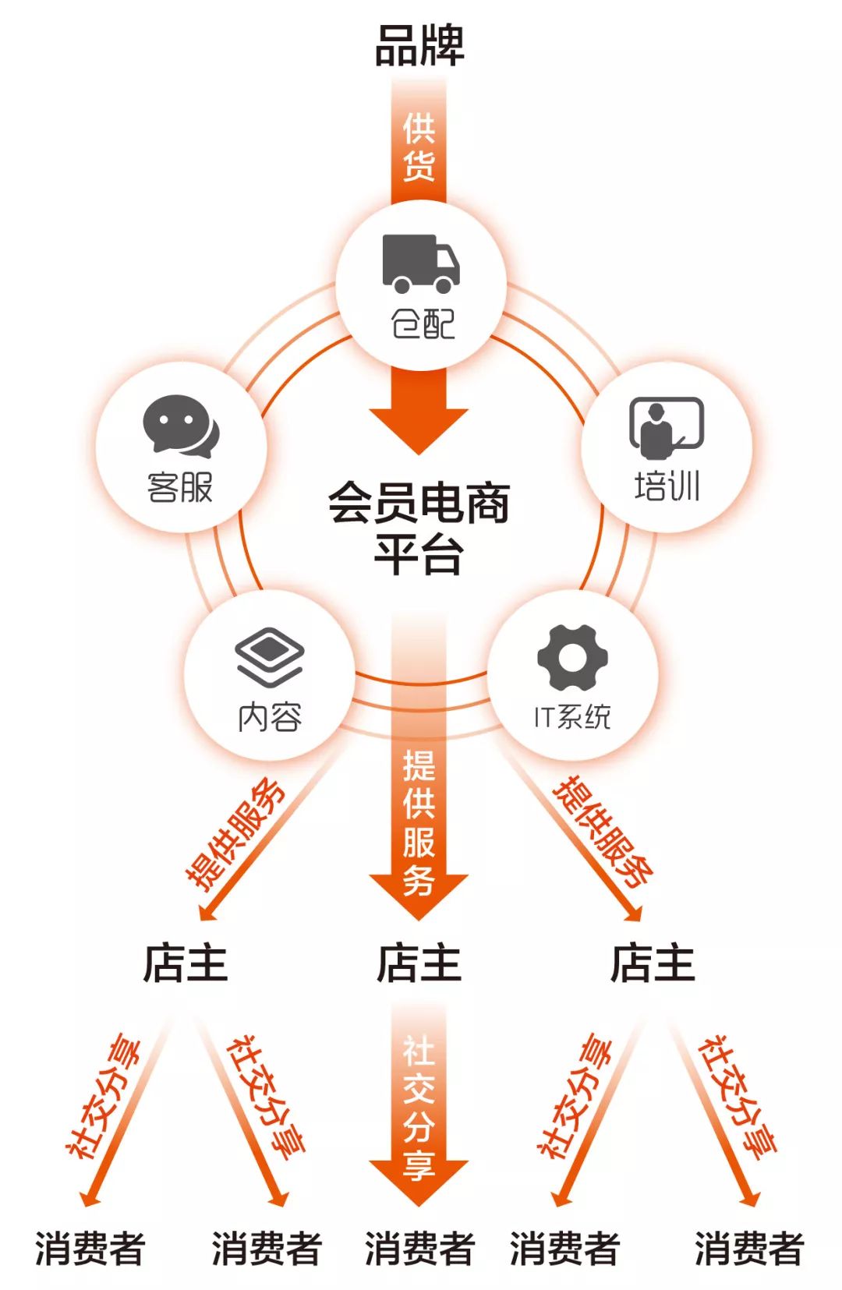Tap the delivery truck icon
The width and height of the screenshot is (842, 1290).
coord(421,263)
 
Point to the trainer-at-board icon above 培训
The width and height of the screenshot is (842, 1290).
coord(667,428)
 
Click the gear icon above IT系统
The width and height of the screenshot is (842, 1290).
coord(572,657)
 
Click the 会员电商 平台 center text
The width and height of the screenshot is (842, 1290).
coord(419,528)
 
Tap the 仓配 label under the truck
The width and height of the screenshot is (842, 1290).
coord(423,323)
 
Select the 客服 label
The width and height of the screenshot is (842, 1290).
coord(179,487)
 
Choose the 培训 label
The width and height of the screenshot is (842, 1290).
coord(667,486)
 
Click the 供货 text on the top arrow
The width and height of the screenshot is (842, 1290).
coord(419,147)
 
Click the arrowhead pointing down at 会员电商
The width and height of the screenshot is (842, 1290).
coord(419,431)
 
